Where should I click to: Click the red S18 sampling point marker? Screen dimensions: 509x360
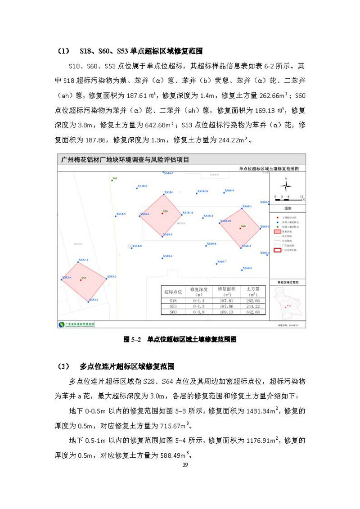click(x=162, y=214)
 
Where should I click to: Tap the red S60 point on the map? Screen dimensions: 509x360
click(x=240, y=229)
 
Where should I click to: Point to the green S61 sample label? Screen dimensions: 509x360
click(x=114, y=179)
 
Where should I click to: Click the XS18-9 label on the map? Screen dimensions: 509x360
click(x=142, y=186)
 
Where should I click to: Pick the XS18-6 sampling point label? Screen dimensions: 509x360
click(x=167, y=256)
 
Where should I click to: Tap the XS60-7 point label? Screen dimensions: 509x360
click(x=221, y=261)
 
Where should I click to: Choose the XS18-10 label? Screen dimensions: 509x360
click(x=202, y=191)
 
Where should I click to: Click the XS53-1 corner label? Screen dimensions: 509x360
click(x=83, y=260)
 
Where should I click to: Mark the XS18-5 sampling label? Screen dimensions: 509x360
click(x=121, y=214)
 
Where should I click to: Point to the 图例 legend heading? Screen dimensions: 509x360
click(x=287, y=208)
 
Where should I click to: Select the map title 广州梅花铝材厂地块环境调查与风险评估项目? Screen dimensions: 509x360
click(x=126, y=159)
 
